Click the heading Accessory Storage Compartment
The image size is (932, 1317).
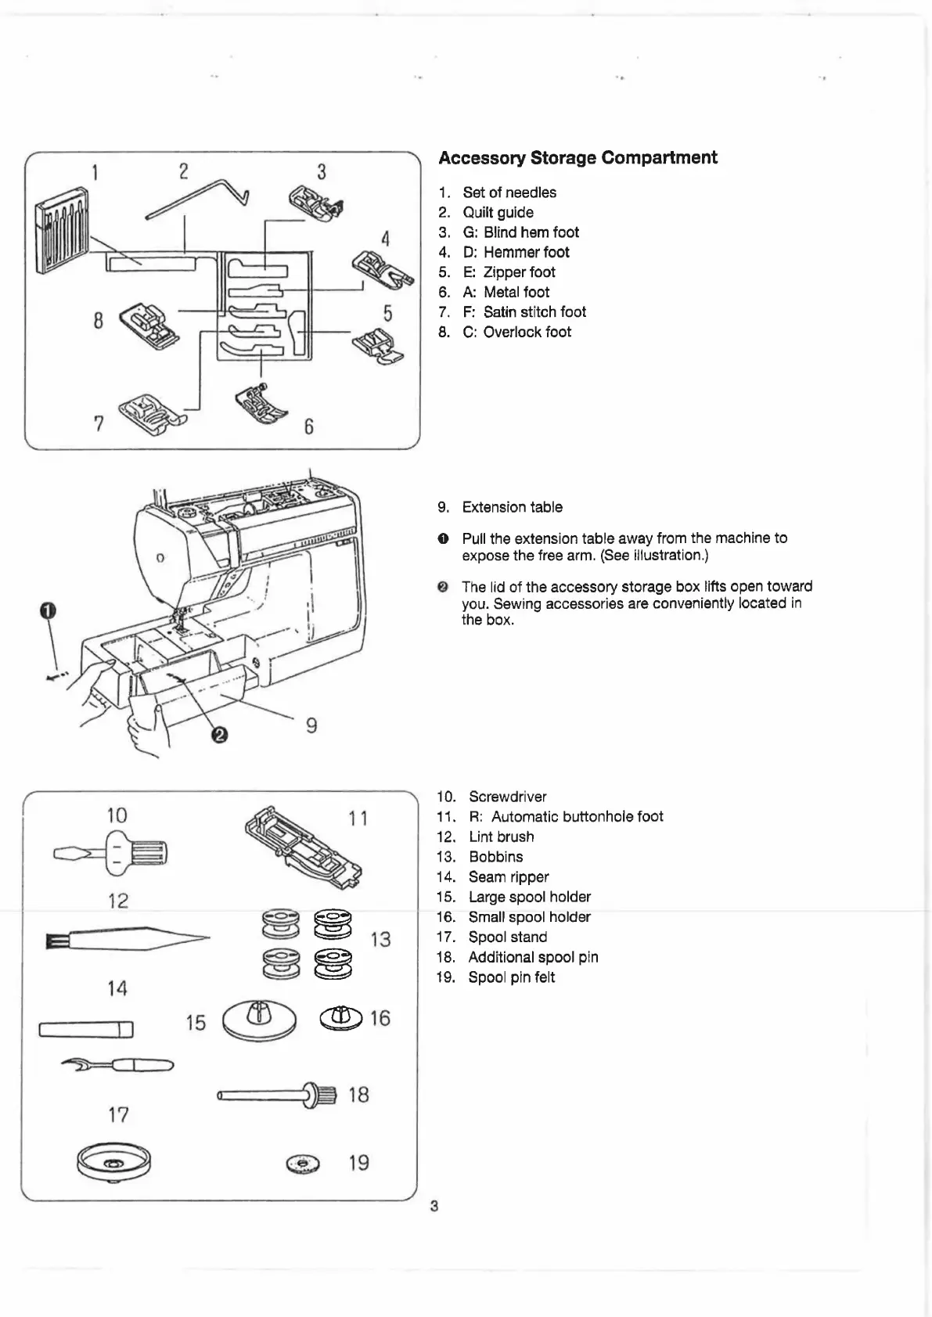tap(578, 157)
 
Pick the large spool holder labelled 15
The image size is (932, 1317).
tap(260, 1020)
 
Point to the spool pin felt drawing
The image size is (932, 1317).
tap(303, 1164)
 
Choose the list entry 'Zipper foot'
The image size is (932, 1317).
tap(519, 272)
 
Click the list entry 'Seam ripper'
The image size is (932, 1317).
tap(509, 877)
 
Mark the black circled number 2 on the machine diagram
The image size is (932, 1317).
tap(220, 734)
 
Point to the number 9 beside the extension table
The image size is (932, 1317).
tap(311, 726)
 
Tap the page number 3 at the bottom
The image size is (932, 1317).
tap(434, 1206)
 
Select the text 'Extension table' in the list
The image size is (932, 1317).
tap(512, 507)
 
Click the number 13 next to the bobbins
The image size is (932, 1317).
tap(380, 939)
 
